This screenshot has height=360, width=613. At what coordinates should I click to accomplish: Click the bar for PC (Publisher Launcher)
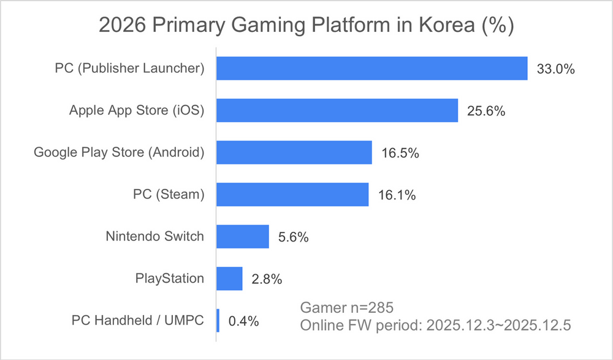point(372,68)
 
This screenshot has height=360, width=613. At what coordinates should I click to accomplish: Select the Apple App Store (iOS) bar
point(338,110)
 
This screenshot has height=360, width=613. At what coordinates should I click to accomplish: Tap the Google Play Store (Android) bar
point(294,152)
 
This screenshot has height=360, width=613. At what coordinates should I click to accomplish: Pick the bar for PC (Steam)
point(292,194)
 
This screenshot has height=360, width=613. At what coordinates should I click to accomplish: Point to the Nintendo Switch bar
point(243,236)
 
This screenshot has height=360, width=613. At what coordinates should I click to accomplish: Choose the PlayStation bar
point(230,278)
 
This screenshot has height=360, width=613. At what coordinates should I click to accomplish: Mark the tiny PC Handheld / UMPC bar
point(218,320)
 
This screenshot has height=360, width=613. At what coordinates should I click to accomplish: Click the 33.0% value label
point(555,69)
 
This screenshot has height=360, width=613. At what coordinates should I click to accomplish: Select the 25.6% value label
point(485,111)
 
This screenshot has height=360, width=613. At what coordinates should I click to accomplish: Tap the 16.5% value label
point(400,153)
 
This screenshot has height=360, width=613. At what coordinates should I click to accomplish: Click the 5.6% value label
point(293,237)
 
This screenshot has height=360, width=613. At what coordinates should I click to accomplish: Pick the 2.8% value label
point(267,279)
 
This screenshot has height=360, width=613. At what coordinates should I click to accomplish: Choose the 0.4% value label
point(243,321)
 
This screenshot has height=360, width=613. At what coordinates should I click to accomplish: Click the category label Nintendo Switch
point(154,236)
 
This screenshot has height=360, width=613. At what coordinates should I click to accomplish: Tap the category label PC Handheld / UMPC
point(137,320)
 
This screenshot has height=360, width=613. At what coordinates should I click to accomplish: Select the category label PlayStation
point(169,278)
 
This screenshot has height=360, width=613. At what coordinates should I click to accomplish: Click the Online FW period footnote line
point(435,325)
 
